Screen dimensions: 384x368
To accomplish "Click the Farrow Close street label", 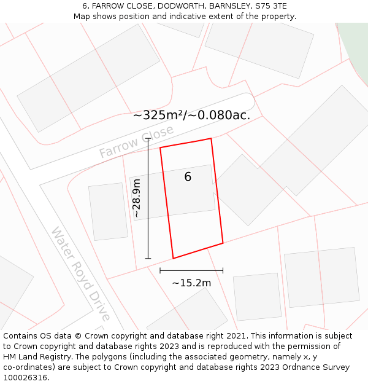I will pyautogui.click(x=136, y=141).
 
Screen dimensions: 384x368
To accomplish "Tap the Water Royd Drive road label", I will pyautogui.click(x=80, y=273).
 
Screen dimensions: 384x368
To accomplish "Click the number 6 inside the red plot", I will pyautogui.click(x=188, y=177).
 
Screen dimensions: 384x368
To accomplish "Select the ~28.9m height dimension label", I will pyautogui.click(x=137, y=199).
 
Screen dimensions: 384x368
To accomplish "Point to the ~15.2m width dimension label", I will pyautogui.click(x=191, y=283).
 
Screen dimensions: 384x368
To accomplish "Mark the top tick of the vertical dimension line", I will pyautogui.click(x=148, y=138).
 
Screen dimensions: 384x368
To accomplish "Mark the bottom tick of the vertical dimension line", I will pyautogui.click(x=148, y=258).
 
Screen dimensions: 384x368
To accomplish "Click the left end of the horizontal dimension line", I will pyautogui.click(x=160, y=270).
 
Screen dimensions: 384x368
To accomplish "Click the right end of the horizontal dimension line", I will pyautogui.click(x=223, y=270).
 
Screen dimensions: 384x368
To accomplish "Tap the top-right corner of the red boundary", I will pyautogui.click(x=211, y=138).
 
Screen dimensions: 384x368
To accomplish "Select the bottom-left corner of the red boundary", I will pyautogui.click(x=173, y=258).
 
